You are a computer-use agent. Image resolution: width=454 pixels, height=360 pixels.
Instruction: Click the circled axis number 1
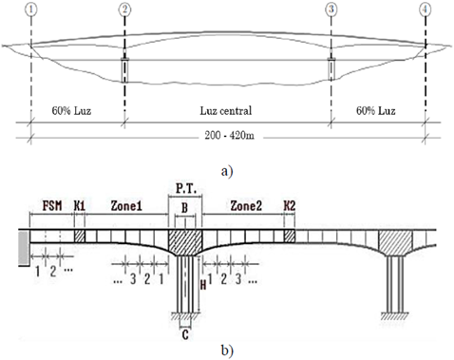pos(31,9)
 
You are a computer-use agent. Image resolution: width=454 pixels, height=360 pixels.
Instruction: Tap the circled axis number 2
pos(124,9)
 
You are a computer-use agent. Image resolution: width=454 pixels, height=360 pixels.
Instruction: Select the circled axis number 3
pos(331,9)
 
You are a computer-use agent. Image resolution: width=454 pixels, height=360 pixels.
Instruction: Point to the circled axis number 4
pos(425,9)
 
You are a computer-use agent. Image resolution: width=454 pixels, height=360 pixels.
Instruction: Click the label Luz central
pos(226,110)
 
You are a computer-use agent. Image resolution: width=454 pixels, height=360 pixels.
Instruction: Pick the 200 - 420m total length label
pos(229,135)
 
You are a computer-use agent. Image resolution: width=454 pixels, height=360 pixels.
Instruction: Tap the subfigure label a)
pos(227,171)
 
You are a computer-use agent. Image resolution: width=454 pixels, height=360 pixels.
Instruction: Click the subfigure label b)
pos(227,351)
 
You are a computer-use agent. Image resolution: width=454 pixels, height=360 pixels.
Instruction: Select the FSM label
pos(52,206)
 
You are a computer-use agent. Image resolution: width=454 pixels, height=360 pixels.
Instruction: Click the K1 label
pos(80,206)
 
